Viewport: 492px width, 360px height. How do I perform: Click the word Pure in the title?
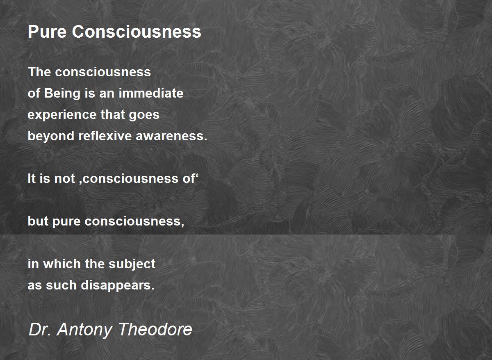pos(47,32)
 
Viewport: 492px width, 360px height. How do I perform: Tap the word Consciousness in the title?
pos(137,32)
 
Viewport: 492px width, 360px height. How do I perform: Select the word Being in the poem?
pos(62,93)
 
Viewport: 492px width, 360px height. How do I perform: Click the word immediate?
pos(151,93)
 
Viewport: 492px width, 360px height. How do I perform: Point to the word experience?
pos(62,115)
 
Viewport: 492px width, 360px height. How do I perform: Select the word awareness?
pos(171,136)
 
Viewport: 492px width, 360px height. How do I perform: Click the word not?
pos(65,179)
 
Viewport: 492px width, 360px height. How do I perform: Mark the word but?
pos(38,221)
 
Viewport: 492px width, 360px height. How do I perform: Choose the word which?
pos(62,264)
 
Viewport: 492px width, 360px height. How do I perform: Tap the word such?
pos(61,285)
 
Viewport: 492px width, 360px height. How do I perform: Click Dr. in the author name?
pos(39,330)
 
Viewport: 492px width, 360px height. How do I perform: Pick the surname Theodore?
pos(155,330)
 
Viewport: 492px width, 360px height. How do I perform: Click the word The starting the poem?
pos(39,72)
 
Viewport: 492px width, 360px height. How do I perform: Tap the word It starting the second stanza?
pos(32,179)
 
